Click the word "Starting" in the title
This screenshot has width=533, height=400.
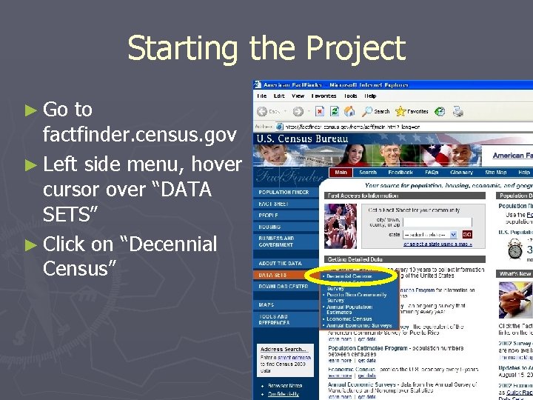[x=183, y=48]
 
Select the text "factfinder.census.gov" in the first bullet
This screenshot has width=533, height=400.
[x=140, y=135]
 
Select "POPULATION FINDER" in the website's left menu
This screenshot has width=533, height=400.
[x=284, y=192]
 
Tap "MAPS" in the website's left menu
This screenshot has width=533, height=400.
[x=266, y=304]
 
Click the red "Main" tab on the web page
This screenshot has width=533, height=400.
[x=341, y=172]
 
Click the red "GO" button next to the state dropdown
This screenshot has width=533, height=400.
[x=467, y=233]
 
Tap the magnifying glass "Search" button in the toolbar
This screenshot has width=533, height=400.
[x=376, y=112]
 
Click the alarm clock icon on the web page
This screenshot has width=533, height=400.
[x=515, y=250]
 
